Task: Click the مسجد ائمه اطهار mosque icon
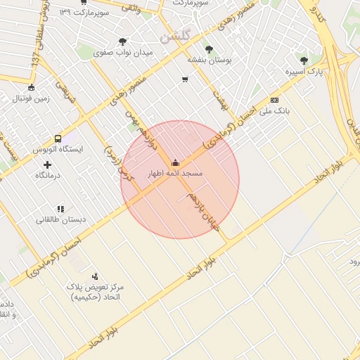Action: pyautogui.click(x=175, y=162)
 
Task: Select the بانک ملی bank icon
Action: pyautogui.click(x=274, y=101)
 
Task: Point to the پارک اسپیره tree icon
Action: pyautogui.click(x=304, y=61)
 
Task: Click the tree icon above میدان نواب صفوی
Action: pyautogui.click(x=124, y=41)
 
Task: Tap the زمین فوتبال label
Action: pyautogui.click(x=31, y=98)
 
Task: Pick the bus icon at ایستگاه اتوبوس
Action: pyautogui.click(x=58, y=139)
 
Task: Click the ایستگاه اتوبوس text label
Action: pyautogui.click(x=58, y=150)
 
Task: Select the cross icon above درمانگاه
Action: pyautogui.click(x=48, y=164)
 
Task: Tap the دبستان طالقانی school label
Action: pyautogui.click(x=61, y=219)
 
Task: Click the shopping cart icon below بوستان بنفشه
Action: pyautogui.click(x=185, y=79)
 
